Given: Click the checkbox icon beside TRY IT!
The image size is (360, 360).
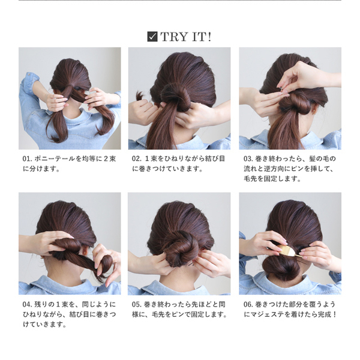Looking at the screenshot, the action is point(152,37).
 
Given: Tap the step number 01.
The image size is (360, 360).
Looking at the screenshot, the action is point(26,159).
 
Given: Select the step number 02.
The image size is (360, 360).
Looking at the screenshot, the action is point(136,159).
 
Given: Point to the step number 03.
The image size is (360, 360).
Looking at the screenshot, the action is point(247,159).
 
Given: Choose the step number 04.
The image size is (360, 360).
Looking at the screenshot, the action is point(26,304).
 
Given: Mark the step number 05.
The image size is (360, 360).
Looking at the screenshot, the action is point(136,304).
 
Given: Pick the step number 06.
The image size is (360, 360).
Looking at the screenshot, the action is point(247,304).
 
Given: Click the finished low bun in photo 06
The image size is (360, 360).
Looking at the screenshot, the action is point(282,266).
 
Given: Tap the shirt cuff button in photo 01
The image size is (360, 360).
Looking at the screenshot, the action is point(29,75).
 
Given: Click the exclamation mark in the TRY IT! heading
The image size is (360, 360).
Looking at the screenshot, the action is point(209,37).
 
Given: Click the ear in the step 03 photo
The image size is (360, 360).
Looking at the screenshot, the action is point(313,111).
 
